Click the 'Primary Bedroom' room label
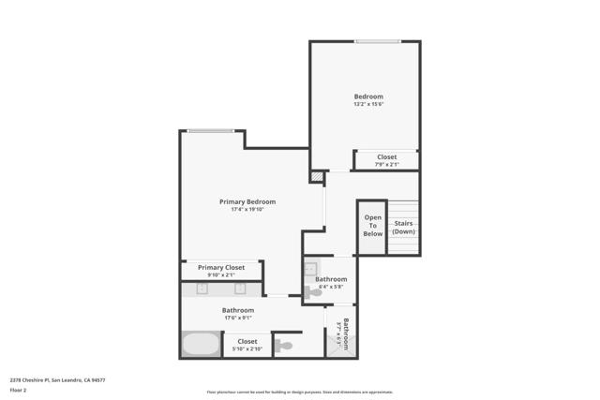click(x=247, y=201)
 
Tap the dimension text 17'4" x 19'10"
click(x=247, y=210)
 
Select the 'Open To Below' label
click(x=372, y=226)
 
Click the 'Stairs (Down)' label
click(x=403, y=228)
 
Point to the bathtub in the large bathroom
click(x=200, y=344)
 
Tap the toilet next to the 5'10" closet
click(x=283, y=345)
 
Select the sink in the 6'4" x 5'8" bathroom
click(x=310, y=268)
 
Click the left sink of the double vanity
click(x=202, y=289)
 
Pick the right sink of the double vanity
click(x=240, y=289)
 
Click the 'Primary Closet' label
click(x=221, y=267)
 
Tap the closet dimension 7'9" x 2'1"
click(x=386, y=165)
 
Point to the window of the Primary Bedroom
click(x=211, y=131)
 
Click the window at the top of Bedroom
click(x=373, y=41)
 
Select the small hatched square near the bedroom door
click(x=318, y=175)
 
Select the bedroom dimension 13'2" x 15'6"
click(x=367, y=104)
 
